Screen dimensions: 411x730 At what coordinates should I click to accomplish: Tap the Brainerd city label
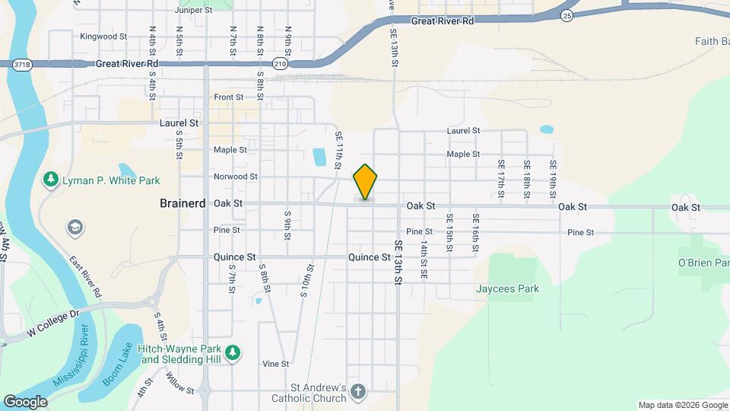[182, 203]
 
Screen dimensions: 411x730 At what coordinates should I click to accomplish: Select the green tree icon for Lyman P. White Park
[51, 180]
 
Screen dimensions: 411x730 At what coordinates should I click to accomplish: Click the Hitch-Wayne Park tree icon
[235, 352]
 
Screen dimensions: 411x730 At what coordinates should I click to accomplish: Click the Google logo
[24, 401]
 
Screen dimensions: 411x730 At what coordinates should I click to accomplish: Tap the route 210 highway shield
[281, 64]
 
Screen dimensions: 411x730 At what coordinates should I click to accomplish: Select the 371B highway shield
[23, 65]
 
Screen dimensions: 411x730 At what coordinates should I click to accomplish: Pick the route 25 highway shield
[567, 15]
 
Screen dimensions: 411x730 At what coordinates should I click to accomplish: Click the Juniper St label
[194, 10]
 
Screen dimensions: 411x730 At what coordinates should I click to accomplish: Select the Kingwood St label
[103, 36]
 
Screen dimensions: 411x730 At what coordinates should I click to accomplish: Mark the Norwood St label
[236, 177]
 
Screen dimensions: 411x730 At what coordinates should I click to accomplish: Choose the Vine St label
[275, 364]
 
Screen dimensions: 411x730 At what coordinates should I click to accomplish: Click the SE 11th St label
[339, 148]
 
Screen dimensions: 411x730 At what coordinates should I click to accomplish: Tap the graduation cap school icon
[75, 227]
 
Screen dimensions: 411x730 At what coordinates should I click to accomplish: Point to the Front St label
[228, 97]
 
